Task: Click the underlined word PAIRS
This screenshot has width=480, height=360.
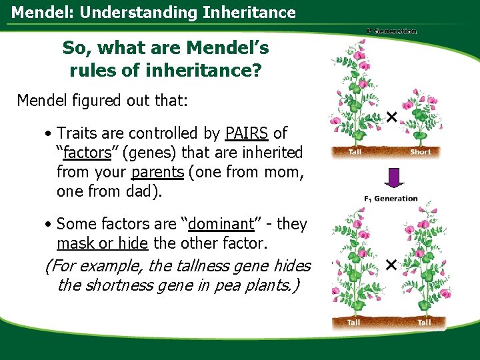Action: [247, 133]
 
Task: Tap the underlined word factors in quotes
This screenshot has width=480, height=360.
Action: [86, 153]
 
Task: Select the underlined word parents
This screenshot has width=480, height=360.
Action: [157, 172]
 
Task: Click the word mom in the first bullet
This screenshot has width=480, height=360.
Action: [284, 172]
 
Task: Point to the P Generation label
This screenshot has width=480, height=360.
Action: [391, 31]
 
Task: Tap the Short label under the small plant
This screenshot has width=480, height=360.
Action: [421, 152]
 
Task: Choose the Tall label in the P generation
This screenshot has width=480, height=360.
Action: [356, 152]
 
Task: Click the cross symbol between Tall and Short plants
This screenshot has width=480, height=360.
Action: [391, 117]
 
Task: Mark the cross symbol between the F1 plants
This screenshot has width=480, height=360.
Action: [391, 265]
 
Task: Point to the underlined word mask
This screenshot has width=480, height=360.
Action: [75, 243]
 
